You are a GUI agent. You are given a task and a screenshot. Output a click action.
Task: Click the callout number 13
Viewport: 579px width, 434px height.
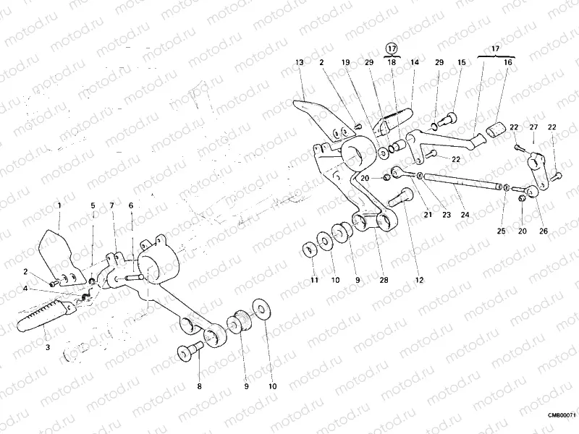[x=299, y=63]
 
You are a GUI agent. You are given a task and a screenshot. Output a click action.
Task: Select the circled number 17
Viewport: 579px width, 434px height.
[x=392, y=48]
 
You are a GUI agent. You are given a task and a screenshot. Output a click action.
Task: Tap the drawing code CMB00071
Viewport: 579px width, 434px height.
[x=561, y=414]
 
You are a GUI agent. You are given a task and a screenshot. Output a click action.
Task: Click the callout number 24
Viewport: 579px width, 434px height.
[x=465, y=215]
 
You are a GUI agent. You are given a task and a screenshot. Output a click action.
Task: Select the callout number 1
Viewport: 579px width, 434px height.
[x=59, y=205]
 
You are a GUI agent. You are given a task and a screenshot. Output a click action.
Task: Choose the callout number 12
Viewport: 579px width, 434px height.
[x=419, y=278]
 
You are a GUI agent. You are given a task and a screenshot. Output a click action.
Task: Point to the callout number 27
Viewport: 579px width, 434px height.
[x=533, y=127]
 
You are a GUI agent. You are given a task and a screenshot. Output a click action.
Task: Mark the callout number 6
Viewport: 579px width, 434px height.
[x=131, y=205]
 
